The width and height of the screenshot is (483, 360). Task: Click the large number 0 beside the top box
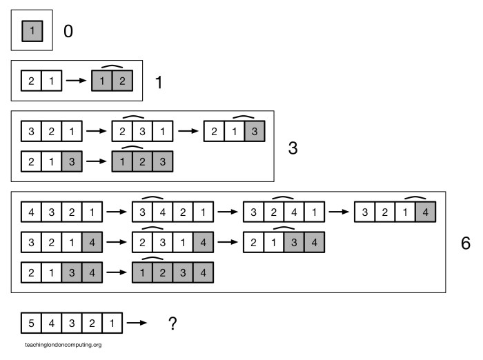coord(68,31)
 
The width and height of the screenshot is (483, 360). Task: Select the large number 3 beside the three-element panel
coord(293,148)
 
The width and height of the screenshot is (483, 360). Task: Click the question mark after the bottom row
coord(172,323)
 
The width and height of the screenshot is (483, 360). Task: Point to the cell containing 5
coord(31,323)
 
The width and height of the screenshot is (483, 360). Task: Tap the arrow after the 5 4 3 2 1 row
coord(137,323)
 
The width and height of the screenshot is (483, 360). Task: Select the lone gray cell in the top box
coord(32,31)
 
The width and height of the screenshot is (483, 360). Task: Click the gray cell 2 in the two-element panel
coord(121,81)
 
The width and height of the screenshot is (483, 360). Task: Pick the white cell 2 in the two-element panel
coord(31,81)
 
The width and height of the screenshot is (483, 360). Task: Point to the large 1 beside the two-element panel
coord(159,83)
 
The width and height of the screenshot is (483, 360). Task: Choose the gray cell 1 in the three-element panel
coord(121,161)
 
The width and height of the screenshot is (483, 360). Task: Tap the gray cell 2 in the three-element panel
coord(141,161)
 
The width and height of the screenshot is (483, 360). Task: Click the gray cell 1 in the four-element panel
coord(142,272)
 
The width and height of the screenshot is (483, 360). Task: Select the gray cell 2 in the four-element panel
coord(162,272)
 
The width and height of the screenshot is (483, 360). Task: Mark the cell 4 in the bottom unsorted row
coord(51,323)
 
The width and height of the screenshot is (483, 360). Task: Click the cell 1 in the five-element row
coord(111,323)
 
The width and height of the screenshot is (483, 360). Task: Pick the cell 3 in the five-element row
coord(71,323)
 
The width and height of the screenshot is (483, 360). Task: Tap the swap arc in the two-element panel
coord(112,67)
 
